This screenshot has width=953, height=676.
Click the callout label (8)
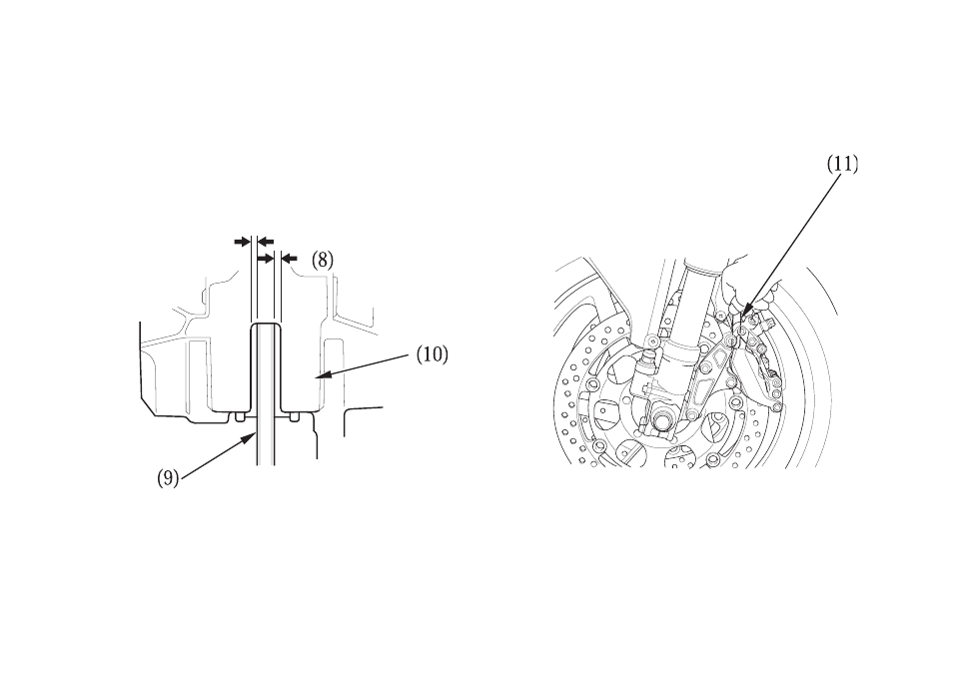tap(322, 261)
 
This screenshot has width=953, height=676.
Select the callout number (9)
tap(168, 478)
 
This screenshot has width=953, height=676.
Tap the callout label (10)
tap(433, 354)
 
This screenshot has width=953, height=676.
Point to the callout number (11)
tap(842, 165)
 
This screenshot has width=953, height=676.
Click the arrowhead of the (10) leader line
tap(321, 376)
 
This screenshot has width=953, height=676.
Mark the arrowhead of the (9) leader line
tap(252, 436)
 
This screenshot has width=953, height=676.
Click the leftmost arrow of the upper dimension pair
tap(243, 242)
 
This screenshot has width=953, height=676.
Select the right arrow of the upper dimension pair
tap(266, 242)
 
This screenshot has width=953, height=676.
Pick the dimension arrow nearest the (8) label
tap(290, 259)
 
